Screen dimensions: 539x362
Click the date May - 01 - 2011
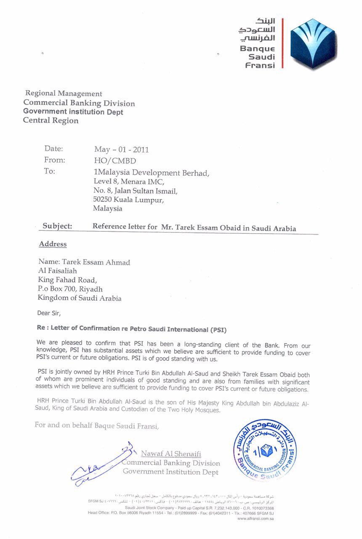121,149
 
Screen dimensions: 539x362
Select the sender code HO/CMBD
115,161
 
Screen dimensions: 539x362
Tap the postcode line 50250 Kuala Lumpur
128,200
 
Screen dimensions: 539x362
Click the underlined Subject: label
57,226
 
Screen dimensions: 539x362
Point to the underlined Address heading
53,244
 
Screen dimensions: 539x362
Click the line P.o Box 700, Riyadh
70,289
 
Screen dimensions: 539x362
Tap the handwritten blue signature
101,463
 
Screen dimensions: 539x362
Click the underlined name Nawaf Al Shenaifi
171,454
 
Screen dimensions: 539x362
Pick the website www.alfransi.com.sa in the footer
256,518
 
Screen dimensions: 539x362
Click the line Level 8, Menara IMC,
128,182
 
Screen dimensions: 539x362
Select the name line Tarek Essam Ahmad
84,262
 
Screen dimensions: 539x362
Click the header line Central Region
51,120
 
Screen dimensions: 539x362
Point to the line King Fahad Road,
67,280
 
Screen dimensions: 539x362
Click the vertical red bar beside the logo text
282,43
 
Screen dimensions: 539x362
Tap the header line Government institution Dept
73,112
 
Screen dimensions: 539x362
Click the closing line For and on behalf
97,425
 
